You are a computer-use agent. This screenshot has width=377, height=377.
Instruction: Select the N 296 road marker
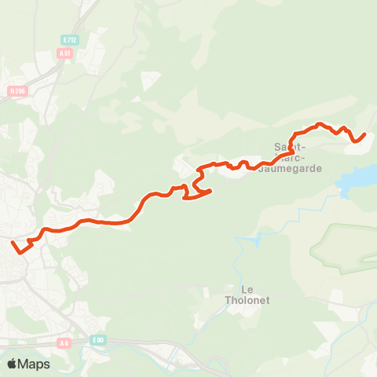[16, 90]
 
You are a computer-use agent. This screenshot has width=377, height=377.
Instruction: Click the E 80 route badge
[97, 339]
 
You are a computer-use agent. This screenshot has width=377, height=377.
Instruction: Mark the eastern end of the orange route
[365, 135]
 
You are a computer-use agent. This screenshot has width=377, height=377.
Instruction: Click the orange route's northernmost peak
[320, 123]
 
